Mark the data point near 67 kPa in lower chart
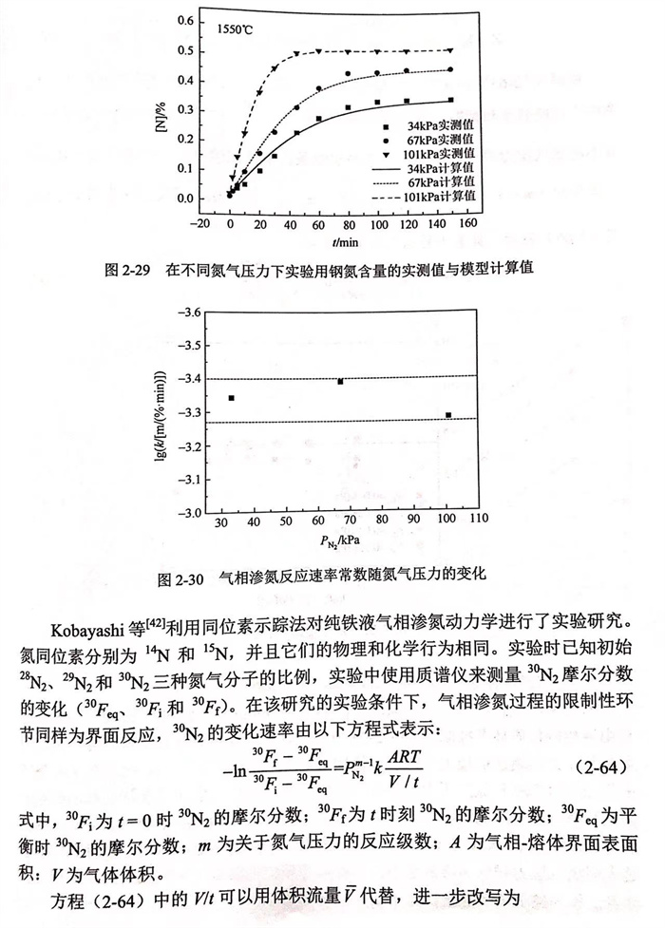point(340,381)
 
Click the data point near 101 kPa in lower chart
point(448,415)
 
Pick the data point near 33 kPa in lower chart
point(231,398)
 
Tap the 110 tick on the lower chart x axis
point(479,521)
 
